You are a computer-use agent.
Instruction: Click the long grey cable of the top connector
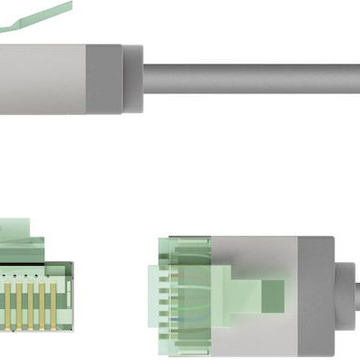254,78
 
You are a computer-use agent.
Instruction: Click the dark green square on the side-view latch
272,292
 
